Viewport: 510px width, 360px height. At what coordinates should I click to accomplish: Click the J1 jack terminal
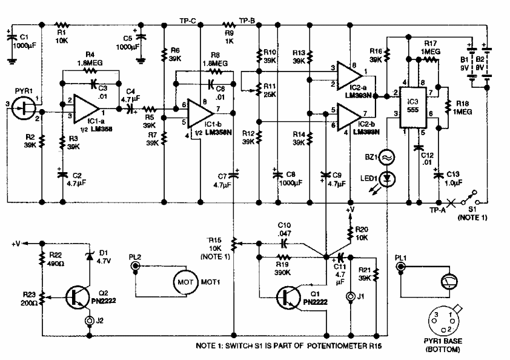(349, 297)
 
